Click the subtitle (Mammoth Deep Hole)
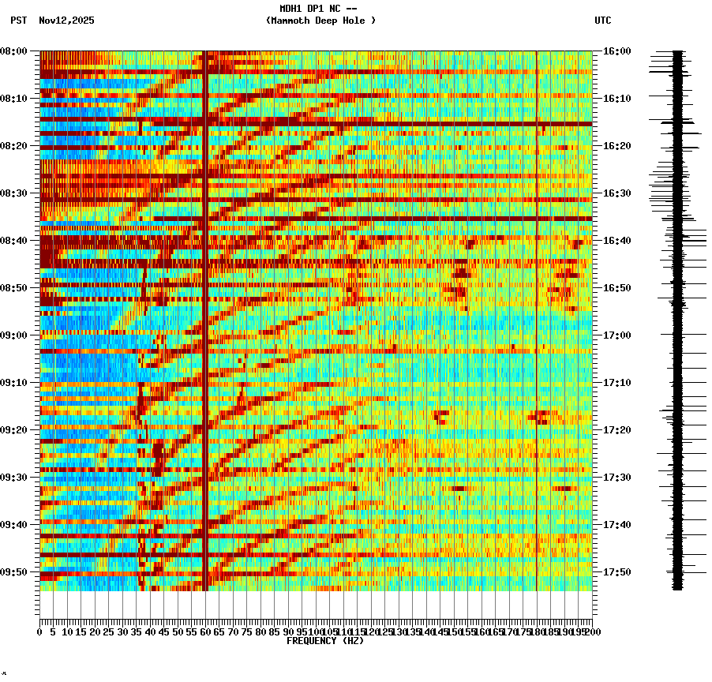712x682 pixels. [320, 21]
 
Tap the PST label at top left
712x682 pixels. [19, 21]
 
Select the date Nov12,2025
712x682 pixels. [66, 21]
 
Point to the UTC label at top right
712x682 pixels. [602, 21]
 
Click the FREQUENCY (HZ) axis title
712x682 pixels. [325, 641]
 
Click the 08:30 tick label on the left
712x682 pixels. [14, 193]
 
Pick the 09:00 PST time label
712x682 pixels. [14, 335]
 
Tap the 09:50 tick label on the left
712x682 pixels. [14, 572]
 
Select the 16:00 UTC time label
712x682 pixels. [616, 51]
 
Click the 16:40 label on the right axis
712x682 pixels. [616, 241]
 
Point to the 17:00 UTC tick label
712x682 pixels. [616, 335]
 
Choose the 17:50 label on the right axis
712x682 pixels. [616, 572]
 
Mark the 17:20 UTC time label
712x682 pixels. [616, 430]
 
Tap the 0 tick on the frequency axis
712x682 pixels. [40, 631]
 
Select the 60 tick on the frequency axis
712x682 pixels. [205, 631]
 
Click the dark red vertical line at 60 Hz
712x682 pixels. [205, 316]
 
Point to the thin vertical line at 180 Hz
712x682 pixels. [537, 316]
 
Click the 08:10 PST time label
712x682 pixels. [14, 99]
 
